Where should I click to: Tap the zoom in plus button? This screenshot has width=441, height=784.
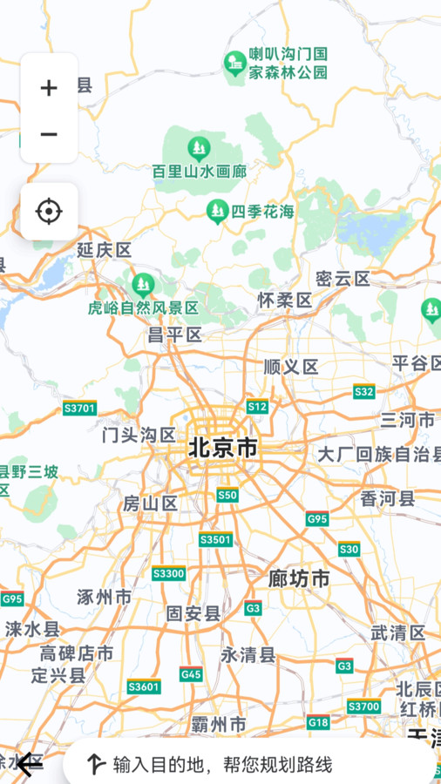click(49, 87)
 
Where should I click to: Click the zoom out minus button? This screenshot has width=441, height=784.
click(49, 134)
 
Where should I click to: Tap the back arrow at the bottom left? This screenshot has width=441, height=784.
click(29, 764)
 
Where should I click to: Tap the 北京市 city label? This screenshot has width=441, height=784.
click(223, 448)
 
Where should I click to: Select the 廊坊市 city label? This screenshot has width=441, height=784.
click(299, 578)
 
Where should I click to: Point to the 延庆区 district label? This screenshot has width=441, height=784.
click(104, 250)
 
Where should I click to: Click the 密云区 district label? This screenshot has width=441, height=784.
click(343, 279)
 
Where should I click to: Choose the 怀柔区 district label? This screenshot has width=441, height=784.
click(284, 300)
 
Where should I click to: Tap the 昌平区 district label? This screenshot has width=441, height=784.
click(174, 335)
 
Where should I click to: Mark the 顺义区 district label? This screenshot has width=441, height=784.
click(290, 367)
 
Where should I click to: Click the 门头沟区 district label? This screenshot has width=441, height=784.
click(139, 435)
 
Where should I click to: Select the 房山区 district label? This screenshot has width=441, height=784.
click(150, 503)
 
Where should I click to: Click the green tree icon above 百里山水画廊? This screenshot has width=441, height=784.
click(199, 146)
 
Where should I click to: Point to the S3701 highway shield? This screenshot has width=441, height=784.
click(80, 408)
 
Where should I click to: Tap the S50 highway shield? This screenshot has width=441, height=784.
click(227, 495)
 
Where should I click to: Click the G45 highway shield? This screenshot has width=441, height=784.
click(191, 673)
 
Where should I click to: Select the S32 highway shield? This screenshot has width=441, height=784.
click(364, 391)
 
